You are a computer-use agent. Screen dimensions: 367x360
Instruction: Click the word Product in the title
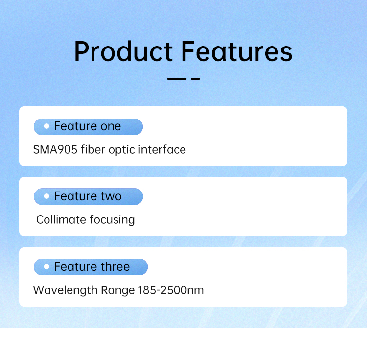[x=123, y=51]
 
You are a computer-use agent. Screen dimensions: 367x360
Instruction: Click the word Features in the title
[x=237, y=51]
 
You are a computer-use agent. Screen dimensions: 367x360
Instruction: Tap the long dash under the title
[x=177, y=79]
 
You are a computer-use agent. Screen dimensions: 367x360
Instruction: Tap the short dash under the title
[x=195, y=79]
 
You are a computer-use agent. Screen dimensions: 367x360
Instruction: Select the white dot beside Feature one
[x=46, y=126]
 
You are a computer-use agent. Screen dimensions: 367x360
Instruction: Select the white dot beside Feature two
[x=46, y=196]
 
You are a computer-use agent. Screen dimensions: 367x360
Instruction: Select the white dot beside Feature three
[x=46, y=266]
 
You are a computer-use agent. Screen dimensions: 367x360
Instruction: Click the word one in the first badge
[x=111, y=127]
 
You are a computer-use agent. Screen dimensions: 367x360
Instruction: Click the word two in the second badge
[x=111, y=197]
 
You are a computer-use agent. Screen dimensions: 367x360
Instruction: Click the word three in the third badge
[x=115, y=267]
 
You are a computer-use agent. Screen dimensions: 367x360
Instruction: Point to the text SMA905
[x=55, y=150]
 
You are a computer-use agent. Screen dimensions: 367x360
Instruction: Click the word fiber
[x=93, y=149]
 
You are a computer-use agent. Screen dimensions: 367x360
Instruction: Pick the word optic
[x=122, y=150]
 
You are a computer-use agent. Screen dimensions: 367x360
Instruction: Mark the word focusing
[x=112, y=220]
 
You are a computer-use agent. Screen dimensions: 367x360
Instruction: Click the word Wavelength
[x=65, y=290]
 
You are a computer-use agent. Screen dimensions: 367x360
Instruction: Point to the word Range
[x=118, y=290]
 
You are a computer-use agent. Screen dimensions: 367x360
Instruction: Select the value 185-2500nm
[x=171, y=290]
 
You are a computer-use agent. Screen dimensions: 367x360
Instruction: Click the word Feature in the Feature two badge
[x=75, y=196]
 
